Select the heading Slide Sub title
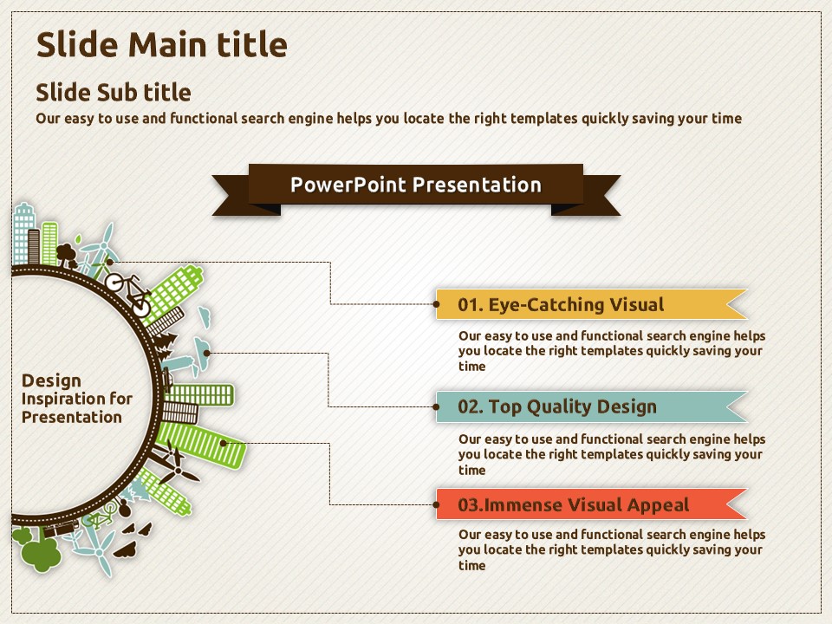coord(113,93)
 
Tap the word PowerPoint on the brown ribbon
coord(348,185)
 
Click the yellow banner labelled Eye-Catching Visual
coord(591,304)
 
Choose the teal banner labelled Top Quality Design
coord(591,406)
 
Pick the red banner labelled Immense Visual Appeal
coord(591,504)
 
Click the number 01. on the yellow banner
coord(470,304)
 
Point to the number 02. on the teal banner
coord(470,407)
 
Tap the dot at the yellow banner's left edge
coord(436,304)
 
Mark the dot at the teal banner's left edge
coord(436,407)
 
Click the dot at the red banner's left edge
coord(436,504)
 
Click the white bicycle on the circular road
coord(129,294)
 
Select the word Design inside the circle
coord(51,381)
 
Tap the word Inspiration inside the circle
coord(62,399)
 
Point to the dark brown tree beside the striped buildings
coord(67,255)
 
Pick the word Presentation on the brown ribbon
coord(477,185)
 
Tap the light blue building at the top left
coord(24,233)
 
